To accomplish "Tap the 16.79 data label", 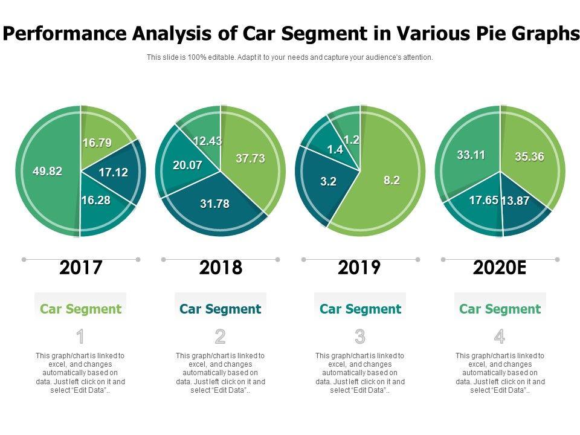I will pos(97,143).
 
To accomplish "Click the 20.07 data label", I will pos(188,165).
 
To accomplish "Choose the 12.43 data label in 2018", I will pos(207,141).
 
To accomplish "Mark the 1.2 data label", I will pos(352,140).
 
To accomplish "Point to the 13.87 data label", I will pos(515,201).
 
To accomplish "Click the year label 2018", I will pos(221,267).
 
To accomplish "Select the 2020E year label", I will pos(500,267).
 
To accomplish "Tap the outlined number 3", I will pos(360,337).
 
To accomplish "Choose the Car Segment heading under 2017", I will pos(80,309).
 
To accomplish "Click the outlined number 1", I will pos(80,337).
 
